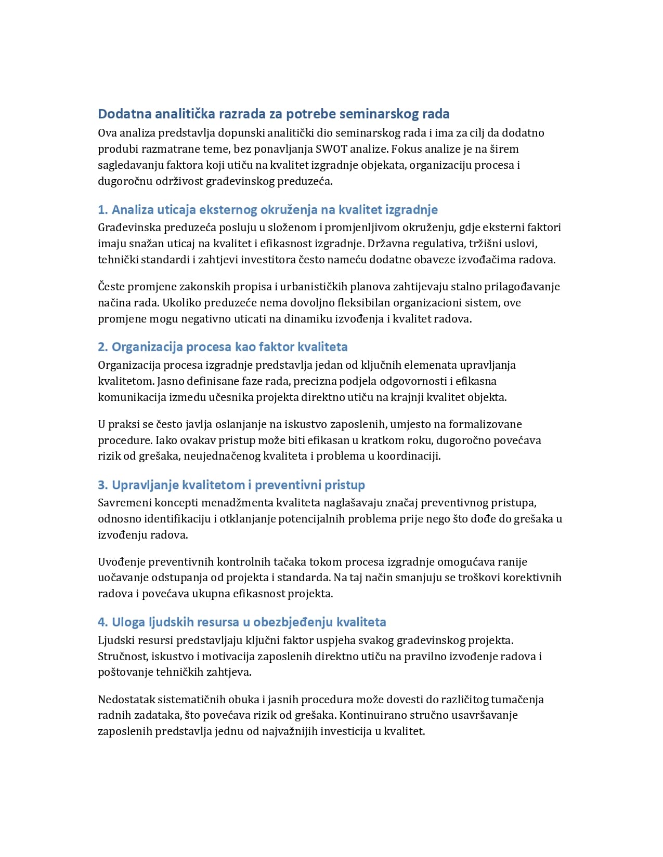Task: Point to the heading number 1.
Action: click(102, 209)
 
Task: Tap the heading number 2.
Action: click(102, 347)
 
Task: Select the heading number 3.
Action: click(102, 485)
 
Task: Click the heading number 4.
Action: click(102, 622)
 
